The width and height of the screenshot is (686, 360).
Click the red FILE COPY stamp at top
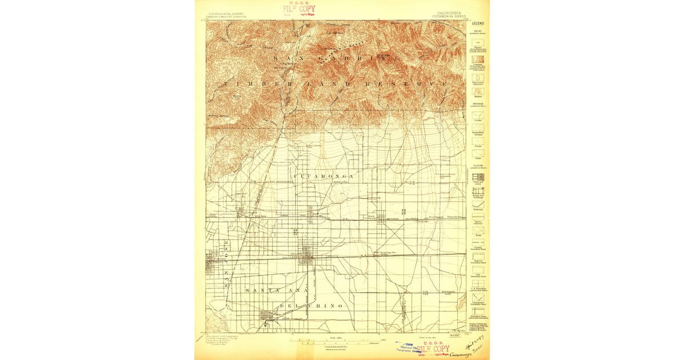pyautogui.click(x=298, y=9)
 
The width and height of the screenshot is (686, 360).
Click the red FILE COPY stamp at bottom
pyautogui.click(x=432, y=349)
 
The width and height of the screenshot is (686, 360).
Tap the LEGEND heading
pyautogui.click(x=478, y=23)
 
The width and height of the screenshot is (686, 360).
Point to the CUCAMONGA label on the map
pyautogui.click(x=324, y=177)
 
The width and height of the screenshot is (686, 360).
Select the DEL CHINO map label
pyautogui.click(x=312, y=306)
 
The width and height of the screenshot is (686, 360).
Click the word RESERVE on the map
pyautogui.click(x=414, y=84)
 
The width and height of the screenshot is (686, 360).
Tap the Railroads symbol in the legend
pyautogui.click(x=478, y=204)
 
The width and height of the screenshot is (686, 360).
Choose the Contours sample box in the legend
pyautogui.click(x=478, y=58)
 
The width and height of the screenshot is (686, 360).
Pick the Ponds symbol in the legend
pyautogui.click(x=478, y=140)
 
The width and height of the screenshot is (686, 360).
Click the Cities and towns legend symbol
pyautogui.click(x=478, y=178)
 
